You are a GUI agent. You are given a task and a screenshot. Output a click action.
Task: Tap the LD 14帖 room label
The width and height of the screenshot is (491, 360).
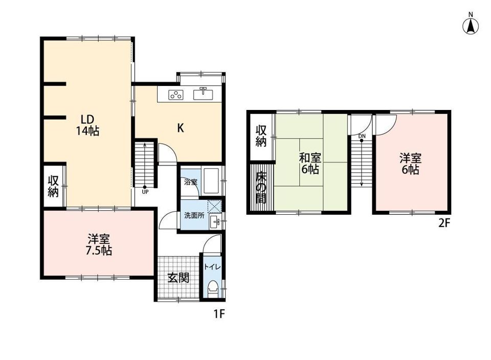pyautogui.click(x=87, y=125)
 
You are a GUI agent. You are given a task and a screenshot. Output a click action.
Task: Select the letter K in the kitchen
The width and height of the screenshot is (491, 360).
pyautogui.click(x=181, y=128)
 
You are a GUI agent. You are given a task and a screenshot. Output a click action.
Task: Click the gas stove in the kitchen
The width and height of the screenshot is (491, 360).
pyautogui.click(x=175, y=95)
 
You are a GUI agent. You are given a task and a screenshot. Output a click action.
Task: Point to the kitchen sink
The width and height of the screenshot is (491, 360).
pyautogui.click(x=203, y=94)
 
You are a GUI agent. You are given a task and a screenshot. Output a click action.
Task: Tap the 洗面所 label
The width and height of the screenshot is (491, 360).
pyautogui.click(x=194, y=215)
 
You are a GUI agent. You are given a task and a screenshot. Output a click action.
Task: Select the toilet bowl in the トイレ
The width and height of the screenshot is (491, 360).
pyautogui.click(x=213, y=289)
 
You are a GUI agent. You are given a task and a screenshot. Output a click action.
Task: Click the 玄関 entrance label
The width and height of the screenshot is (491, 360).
pyautogui.click(x=178, y=277)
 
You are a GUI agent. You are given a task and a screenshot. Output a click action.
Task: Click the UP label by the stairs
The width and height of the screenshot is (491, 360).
pyautogui.click(x=145, y=192)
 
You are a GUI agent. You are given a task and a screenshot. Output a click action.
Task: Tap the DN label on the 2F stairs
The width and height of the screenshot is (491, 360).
pyautogui.click(x=362, y=136)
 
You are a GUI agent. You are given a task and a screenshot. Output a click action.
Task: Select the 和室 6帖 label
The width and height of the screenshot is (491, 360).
pyautogui.click(x=310, y=163)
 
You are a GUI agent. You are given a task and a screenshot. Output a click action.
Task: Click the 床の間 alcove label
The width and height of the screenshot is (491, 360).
pyautogui.click(x=261, y=188)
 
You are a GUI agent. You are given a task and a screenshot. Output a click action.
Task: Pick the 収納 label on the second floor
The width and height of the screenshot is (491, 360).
pyautogui.click(x=261, y=136)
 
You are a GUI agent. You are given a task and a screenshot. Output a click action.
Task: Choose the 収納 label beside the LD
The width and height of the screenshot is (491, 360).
pyautogui.click(x=53, y=186)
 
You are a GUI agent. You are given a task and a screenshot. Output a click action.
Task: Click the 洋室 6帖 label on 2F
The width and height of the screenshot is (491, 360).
pyautogui.click(x=411, y=164)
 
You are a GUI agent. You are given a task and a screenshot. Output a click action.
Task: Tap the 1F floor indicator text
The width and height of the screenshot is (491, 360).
pyautogui.click(x=219, y=313)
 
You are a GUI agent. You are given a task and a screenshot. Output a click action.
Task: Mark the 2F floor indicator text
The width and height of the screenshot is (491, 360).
pyautogui.click(x=444, y=223)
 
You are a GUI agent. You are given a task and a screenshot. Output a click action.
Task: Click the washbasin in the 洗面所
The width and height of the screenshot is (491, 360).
pyautogui.click(x=215, y=222)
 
